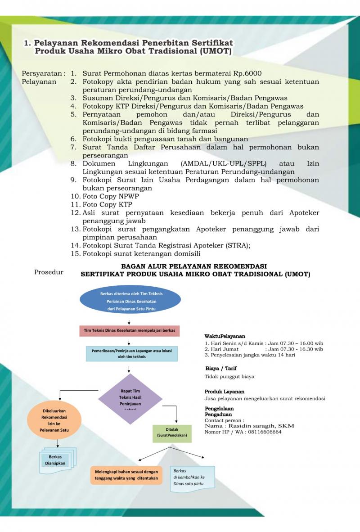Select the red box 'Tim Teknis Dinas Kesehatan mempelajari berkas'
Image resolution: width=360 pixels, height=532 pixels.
130,330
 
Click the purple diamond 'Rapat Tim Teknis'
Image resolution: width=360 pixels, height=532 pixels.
130,399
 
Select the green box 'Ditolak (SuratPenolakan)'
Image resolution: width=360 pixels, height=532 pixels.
172,433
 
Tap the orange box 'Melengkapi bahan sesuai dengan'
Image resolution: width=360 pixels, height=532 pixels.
126,474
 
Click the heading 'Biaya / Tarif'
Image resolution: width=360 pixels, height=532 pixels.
221,368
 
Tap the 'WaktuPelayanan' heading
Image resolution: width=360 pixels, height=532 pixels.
225,336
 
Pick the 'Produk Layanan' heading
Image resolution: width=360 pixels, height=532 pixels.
225,392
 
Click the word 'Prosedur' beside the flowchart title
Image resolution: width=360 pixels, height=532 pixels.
49,272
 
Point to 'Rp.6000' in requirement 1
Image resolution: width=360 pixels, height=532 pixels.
247,73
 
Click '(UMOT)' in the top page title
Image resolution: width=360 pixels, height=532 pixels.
215,52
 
